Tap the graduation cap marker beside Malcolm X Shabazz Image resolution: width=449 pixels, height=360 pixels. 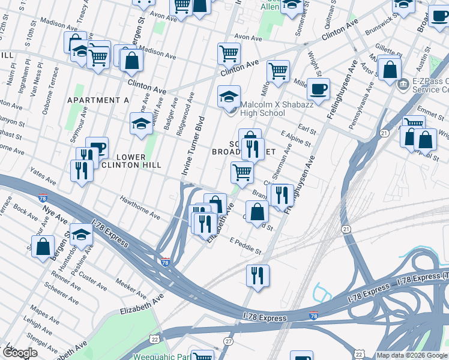point(228,97)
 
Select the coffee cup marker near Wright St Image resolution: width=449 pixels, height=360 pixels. point(318,89)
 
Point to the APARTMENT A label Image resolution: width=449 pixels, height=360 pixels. point(98,100)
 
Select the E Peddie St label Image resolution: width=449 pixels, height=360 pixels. point(246,245)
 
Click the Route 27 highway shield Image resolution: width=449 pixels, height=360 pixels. point(228,341)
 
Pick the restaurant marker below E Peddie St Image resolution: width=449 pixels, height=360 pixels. point(258,276)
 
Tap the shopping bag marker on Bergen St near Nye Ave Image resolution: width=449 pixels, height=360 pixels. point(43,246)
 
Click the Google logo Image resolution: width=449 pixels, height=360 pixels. point(19,352)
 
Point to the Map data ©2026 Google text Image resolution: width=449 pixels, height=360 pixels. point(412,355)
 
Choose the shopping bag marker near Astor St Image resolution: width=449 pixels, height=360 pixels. point(390,70)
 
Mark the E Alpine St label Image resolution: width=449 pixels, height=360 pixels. point(295,140)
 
